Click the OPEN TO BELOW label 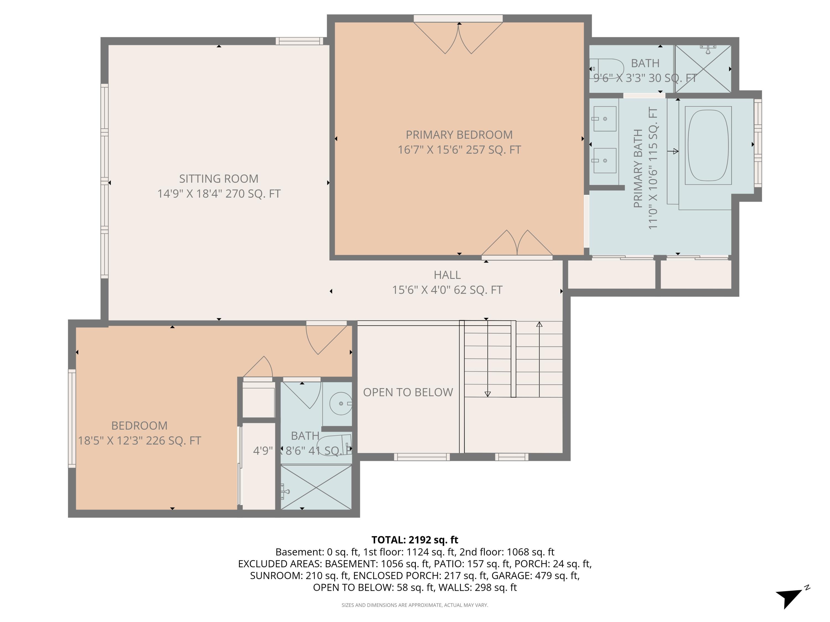click(x=408, y=392)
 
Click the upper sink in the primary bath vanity click(x=605, y=119)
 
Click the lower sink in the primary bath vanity click(x=605, y=160)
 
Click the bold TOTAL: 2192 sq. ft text click(x=415, y=540)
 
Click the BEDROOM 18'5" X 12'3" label click(x=139, y=433)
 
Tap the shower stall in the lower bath click(x=316, y=487)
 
